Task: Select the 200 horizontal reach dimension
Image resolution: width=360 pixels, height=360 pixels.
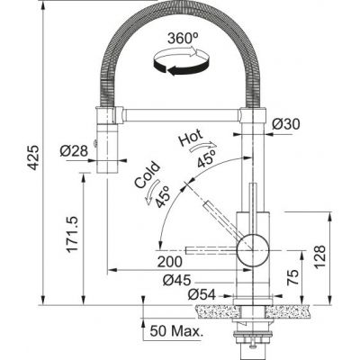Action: pyautogui.click(x=166, y=262)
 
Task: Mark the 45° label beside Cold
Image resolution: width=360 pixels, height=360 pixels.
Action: pyautogui.click(x=163, y=197)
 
